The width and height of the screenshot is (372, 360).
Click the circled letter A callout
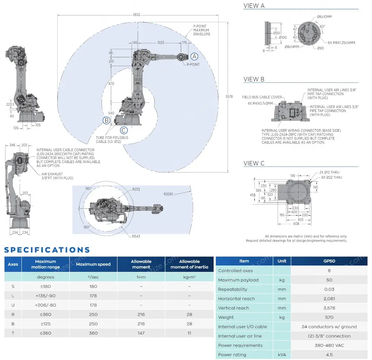[x=195, y=57]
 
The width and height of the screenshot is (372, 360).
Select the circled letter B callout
[x=107, y=120]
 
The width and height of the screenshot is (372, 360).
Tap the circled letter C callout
[x=124, y=130]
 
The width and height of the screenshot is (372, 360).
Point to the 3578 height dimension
[x=229, y=97]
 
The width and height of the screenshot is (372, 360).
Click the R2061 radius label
[x=169, y=194]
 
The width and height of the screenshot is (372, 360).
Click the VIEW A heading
[x=254, y=6]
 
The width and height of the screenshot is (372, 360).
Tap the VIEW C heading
[x=254, y=163]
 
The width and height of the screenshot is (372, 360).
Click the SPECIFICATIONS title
[x=47, y=250]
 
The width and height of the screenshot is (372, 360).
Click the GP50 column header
[x=329, y=261]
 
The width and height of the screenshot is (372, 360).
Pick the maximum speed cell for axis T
[x=93, y=333]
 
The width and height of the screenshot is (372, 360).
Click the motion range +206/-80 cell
[x=45, y=305]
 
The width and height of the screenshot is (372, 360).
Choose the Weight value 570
[x=329, y=317]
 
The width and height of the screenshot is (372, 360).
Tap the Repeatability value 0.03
[x=329, y=289]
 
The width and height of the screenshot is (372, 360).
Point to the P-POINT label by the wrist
[x=193, y=64]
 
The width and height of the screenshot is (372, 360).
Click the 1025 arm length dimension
[x=160, y=43]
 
